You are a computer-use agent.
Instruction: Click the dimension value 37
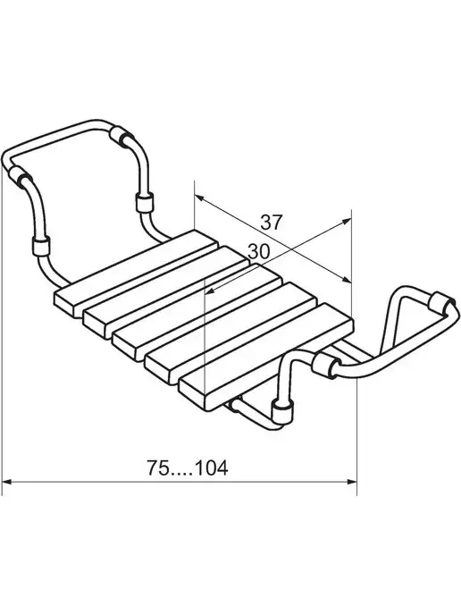(x=272, y=223)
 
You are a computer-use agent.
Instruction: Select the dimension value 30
(x=259, y=251)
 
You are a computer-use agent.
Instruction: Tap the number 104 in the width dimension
(x=211, y=468)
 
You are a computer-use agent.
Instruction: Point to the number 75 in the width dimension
(x=158, y=468)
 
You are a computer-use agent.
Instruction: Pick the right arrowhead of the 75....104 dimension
(x=352, y=481)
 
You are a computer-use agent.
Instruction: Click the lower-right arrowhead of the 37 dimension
(x=346, y=280)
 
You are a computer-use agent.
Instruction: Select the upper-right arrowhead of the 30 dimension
(x=346, y=221)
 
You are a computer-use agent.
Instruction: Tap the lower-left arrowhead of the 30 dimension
(x=211, y=291)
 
